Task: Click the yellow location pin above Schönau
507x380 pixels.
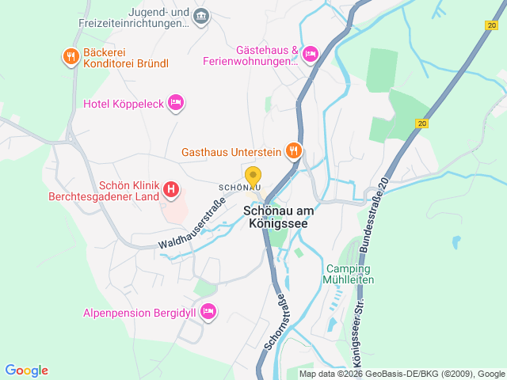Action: (x=253, y=177)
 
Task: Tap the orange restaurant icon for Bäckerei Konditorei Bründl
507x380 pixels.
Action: (x=71, y=55)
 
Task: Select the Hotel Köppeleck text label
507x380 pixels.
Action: (x=124, y=103)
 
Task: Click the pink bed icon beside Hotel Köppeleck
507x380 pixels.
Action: (x=176, y=102)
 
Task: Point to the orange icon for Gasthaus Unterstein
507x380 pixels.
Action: (x=293, y=150)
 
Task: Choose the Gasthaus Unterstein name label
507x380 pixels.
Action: (x=231, y=151)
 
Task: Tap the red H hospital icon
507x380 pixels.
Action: (x=170, y=189)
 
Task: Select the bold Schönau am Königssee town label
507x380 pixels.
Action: (x=274, y=218)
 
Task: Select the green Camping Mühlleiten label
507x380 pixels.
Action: (x=349, y=274)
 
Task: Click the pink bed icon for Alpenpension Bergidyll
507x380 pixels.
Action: (x=208, y=312)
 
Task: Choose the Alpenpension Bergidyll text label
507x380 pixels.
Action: (x=139, y=313)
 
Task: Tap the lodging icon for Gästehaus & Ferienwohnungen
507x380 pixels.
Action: (x=310, y=54)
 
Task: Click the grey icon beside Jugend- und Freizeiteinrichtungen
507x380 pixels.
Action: (x=201, y=16)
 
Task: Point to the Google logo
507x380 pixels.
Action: (x=26, y=370)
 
